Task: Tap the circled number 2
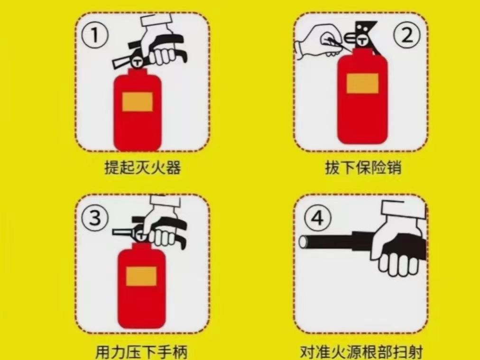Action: (x=407, y=36)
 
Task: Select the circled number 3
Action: (x=95, y=218)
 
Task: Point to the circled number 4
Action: (x=317, y=218)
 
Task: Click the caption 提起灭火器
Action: (x=143, y=167)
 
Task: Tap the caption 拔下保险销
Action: (x=363, y=167)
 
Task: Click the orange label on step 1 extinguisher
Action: (x=138, y=102)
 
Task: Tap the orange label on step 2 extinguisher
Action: (x=362, y=83)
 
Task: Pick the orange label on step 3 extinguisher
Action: (x=141, y=276)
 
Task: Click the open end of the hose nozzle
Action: (x=303, y=242)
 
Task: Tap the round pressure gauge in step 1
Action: (x=138, y=62)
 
